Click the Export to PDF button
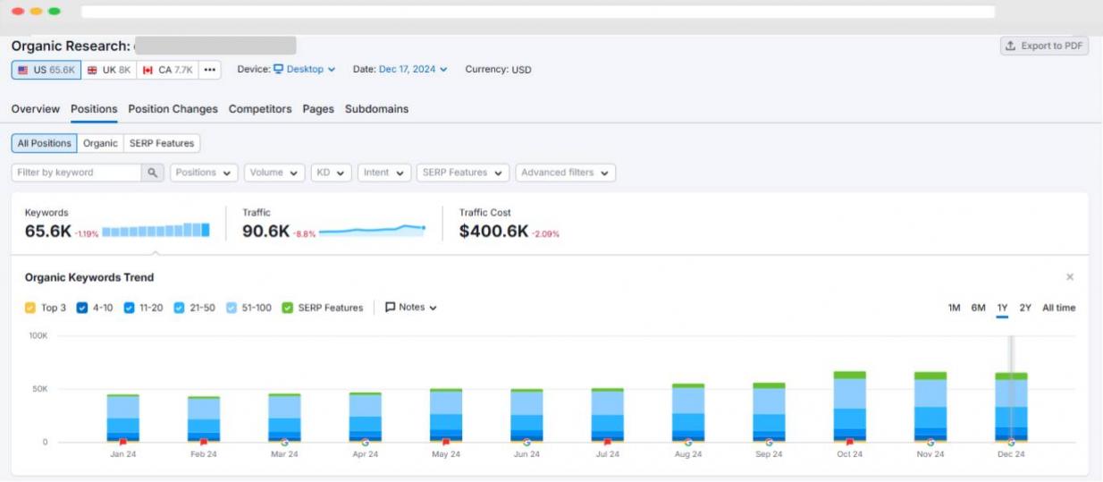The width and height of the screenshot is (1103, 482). [1044, 46]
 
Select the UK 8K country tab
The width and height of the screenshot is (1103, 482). [109, 70]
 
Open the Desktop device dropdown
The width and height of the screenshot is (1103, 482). [304, 70]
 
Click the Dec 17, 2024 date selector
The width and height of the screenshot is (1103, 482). [413, 70]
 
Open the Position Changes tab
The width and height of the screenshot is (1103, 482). [173, 109]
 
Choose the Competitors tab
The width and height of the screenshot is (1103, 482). [260, 109]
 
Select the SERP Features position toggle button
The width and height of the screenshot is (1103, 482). [162, 143]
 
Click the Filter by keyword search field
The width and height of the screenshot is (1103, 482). [76, 173]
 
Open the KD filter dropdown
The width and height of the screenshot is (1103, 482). [331, 173]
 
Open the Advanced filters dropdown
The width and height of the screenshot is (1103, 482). [565, 173]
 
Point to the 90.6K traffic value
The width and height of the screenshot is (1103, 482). [265, 231]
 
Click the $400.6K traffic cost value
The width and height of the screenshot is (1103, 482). [493, 231]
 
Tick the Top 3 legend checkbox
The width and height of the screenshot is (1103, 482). [30, 308]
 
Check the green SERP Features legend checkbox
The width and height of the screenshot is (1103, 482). [287, 308]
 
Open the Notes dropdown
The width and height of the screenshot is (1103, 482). [410, 308]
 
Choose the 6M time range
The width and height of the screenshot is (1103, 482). [978, 308]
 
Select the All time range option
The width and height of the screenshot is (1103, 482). [1058, 308]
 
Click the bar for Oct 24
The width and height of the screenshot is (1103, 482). [849, 407]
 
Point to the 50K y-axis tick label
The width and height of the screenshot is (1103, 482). [40, 389]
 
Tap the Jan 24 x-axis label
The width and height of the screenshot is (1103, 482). [122, 454]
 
